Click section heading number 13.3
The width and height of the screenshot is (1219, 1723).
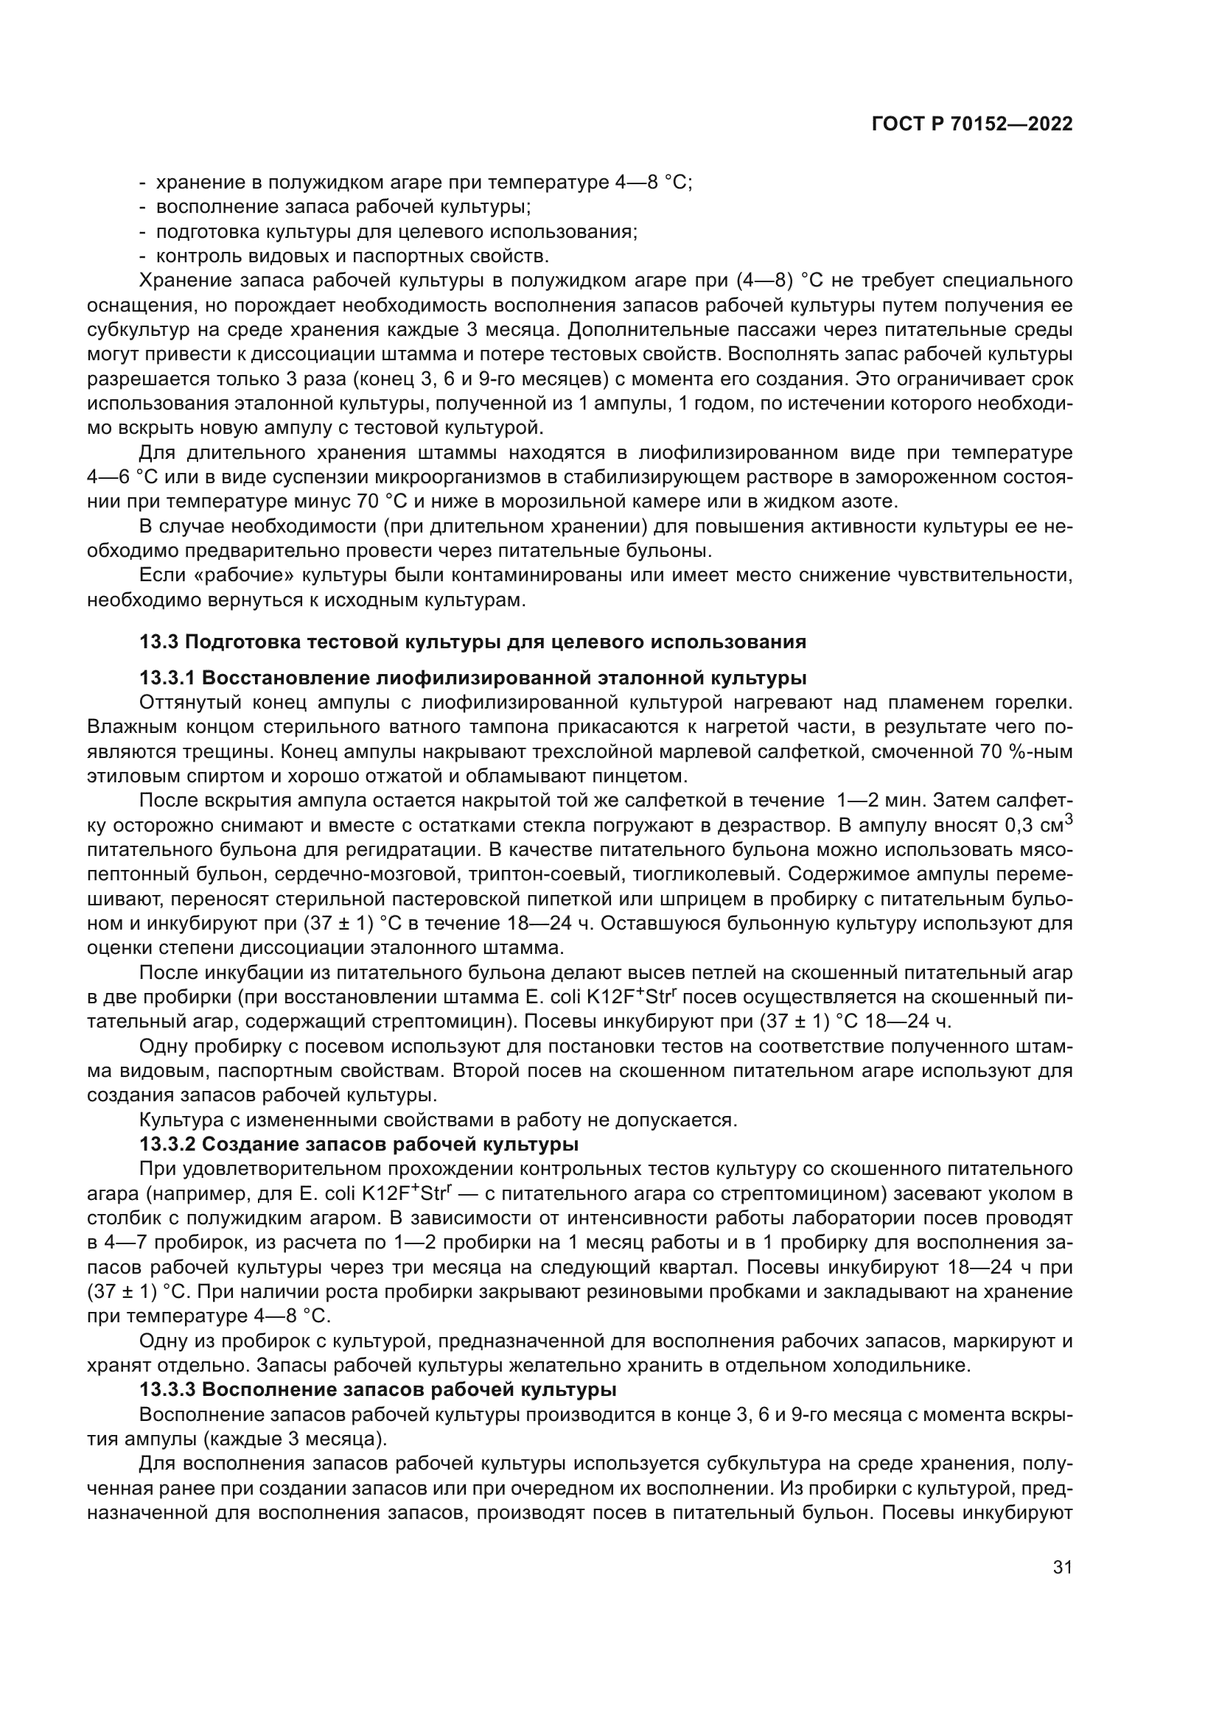tap(159, 642)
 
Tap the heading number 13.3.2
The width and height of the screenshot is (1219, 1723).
tap(167, 1145)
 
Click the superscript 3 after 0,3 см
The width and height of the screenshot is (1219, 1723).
tap(1069, 820)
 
